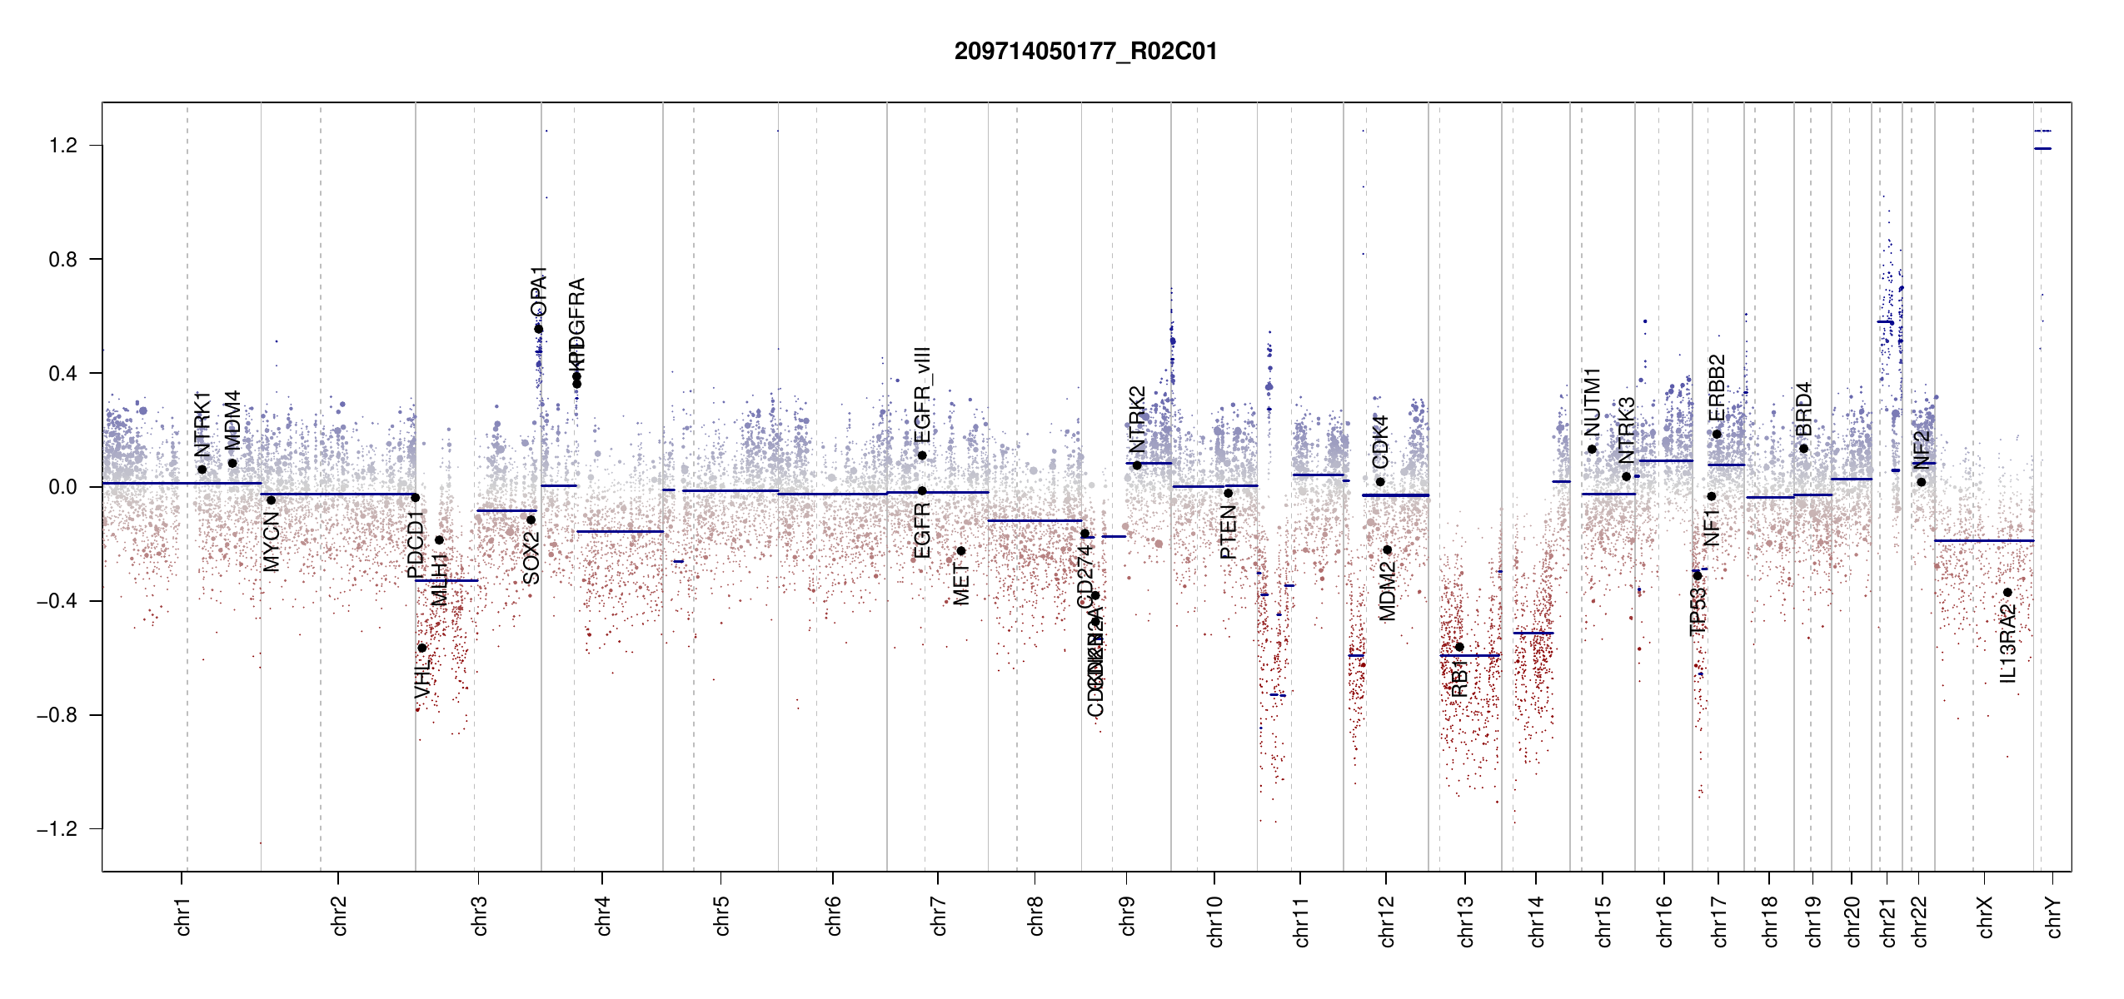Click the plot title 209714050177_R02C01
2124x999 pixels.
click(x=1085, y=52)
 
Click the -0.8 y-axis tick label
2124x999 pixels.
click(x=57, y=715)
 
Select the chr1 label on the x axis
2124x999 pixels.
click(x=182, y=916)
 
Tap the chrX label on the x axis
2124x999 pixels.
click(x=1985, y=917)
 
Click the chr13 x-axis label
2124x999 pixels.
click(x=1465, y=921)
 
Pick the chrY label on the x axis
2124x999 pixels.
click(x=2053, y=917)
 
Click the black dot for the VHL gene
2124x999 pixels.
click(x=422, y=648)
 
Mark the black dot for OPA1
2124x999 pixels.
click(x=539, y=329)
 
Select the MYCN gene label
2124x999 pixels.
click(x=272, y=541)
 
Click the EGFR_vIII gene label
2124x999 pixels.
click(x=922, y=395)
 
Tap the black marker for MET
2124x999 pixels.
click(x=961, y=550)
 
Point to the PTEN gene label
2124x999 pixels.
click(x=1228, y=533)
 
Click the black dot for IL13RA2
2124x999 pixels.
click(x=2007, y=593)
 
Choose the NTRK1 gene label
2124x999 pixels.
click(x=202, y=424)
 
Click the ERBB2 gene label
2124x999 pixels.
click(x=1717, y=388)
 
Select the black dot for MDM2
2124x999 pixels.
click(x=1388, y=549)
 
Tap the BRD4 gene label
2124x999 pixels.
click(x=1803, y=410)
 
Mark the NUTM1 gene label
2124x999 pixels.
click(x=1592, y=402)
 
